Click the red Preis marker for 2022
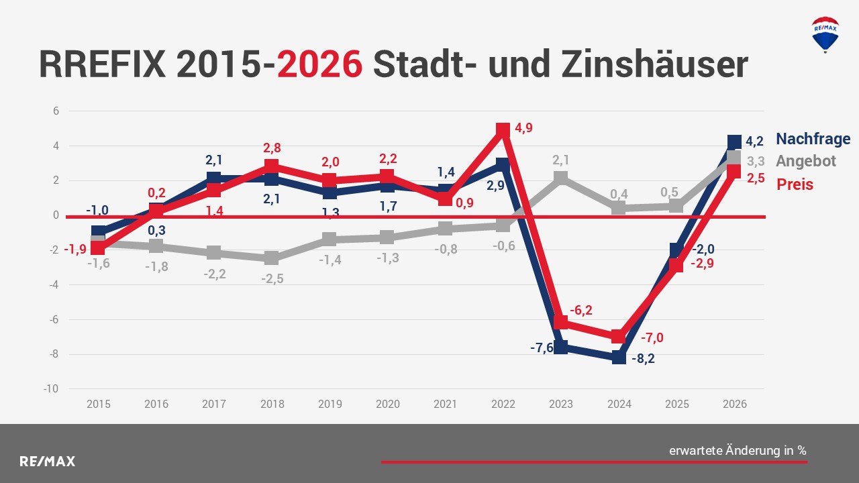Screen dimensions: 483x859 tap(503, 130)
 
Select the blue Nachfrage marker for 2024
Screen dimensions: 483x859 tap(619, 358)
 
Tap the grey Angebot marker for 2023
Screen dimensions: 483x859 tap(561, 178)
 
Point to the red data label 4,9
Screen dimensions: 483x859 tap(524, 128)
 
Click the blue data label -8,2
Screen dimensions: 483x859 tap(642, 358)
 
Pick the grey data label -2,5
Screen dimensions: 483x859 tap(272, 279)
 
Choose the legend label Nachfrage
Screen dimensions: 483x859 tap(813, 139)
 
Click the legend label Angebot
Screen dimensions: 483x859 tap(806, 161)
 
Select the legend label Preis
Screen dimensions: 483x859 tap(795, 184)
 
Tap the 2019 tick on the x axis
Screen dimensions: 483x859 tap(330, 404)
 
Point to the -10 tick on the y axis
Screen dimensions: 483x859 tap(52, 389)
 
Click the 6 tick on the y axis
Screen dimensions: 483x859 tap(56, 111)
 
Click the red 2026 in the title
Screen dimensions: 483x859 tap(320, 65)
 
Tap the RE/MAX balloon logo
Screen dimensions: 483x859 tap(825, 35)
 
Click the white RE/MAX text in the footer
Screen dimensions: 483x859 tap(47, 462)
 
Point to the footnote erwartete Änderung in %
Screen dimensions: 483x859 tap(738, 451)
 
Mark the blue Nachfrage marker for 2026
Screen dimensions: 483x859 tap(734, 142)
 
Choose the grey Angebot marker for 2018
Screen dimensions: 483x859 tap(271, 258)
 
